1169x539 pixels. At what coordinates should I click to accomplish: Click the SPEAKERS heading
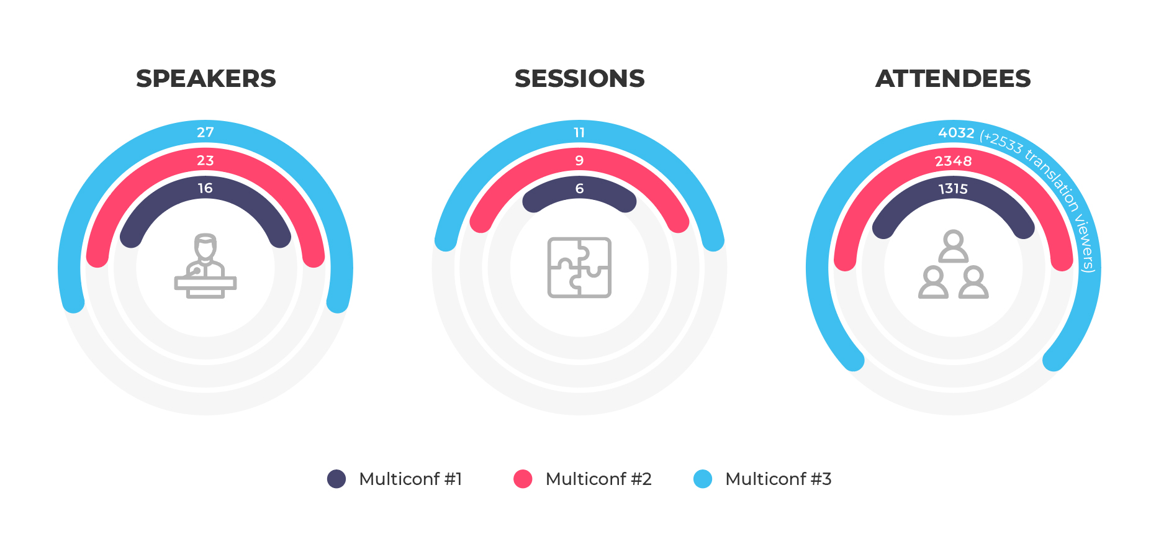pyautogui.click(x=206, y=79)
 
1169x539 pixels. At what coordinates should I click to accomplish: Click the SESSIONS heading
pyautogui.click(x=580, y=79)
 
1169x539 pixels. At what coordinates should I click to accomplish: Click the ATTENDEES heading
pyautogui.click(x=953, y=79)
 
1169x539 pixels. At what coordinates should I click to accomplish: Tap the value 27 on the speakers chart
pyautogui.click(x=205, y=132)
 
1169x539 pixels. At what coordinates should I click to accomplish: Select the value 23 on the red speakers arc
pyautogui.click(x=205, y=160)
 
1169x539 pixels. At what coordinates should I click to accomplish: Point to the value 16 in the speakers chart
pyautogui.click(x=205, y=188)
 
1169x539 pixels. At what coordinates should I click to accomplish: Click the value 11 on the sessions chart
pyautogui.click(x=579, y=132)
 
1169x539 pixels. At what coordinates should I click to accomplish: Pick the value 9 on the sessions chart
pyautogui.click(x=579, y=160)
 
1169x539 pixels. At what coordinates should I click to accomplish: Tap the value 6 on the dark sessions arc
pyautogui.click(x=579, y=188)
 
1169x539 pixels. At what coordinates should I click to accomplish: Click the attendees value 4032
pyautogui.click(x=956, y=133)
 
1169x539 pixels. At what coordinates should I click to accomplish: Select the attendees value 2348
pyautogui.click(x=954, y=161)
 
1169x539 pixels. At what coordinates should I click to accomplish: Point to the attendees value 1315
pyautogui.click(x=954, y=189)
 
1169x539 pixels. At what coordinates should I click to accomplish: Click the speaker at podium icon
pyautogui.click(x=205, y=266)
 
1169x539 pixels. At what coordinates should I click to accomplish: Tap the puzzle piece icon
pyautogui.click(x=579, y=268)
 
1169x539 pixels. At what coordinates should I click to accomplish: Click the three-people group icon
pyautogui.click(x=954, y=265)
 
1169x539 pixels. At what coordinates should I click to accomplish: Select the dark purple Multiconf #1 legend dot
pyautogui.click(x=336, y=479)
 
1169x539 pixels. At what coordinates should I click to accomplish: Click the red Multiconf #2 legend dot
pyautogui.click(x=523, y=479)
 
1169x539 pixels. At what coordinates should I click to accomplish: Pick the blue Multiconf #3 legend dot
pyautogui.click(x=703, y=479)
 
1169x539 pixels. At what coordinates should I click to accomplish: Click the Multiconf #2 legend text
pyautogui.click(x=598, y=479)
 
